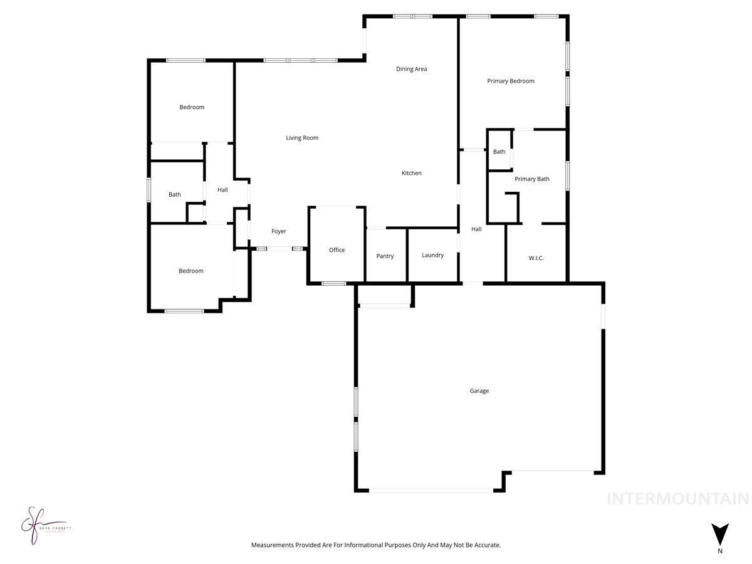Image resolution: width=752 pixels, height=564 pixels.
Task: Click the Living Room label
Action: pos(302,138)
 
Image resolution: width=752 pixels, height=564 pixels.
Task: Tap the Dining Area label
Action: pos(411,69)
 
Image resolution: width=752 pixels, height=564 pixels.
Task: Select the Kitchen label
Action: pos(411,173)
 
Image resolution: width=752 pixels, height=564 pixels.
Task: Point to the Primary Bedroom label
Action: pos(511,81)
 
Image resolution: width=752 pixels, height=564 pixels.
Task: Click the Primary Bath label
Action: pos(531,179)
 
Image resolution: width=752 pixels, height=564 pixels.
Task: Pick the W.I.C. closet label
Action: pos(536,258)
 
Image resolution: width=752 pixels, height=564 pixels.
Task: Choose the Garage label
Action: pos(479,391)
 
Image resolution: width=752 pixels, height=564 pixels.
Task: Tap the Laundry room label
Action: pos(432,255)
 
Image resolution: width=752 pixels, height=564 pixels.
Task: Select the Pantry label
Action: pos(385,256)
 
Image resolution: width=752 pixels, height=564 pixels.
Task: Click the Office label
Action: pos(337,250)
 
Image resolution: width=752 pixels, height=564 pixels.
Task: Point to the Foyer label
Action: pos(278,231)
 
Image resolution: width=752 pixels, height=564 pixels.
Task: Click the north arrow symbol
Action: pos(720,533)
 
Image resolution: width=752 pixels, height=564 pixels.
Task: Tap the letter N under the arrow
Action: pos(720,551)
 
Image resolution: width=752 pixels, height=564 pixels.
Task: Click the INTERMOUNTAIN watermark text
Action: pos(677,499)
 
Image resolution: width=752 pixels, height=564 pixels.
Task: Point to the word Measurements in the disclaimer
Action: pos(273,545)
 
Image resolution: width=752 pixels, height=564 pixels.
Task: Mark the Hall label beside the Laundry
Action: pos(476,229)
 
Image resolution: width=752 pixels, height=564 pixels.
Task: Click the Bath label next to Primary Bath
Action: pos(499,152)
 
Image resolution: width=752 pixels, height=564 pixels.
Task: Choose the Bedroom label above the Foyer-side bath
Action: pos(192,107)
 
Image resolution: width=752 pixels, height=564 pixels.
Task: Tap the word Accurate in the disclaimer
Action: pos(486,545)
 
